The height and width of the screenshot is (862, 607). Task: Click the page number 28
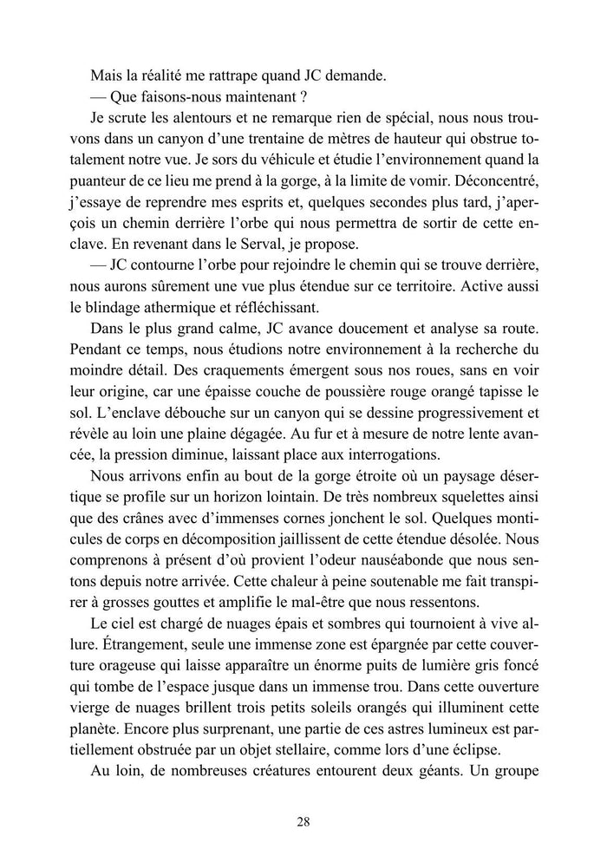[x=303, y=822]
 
